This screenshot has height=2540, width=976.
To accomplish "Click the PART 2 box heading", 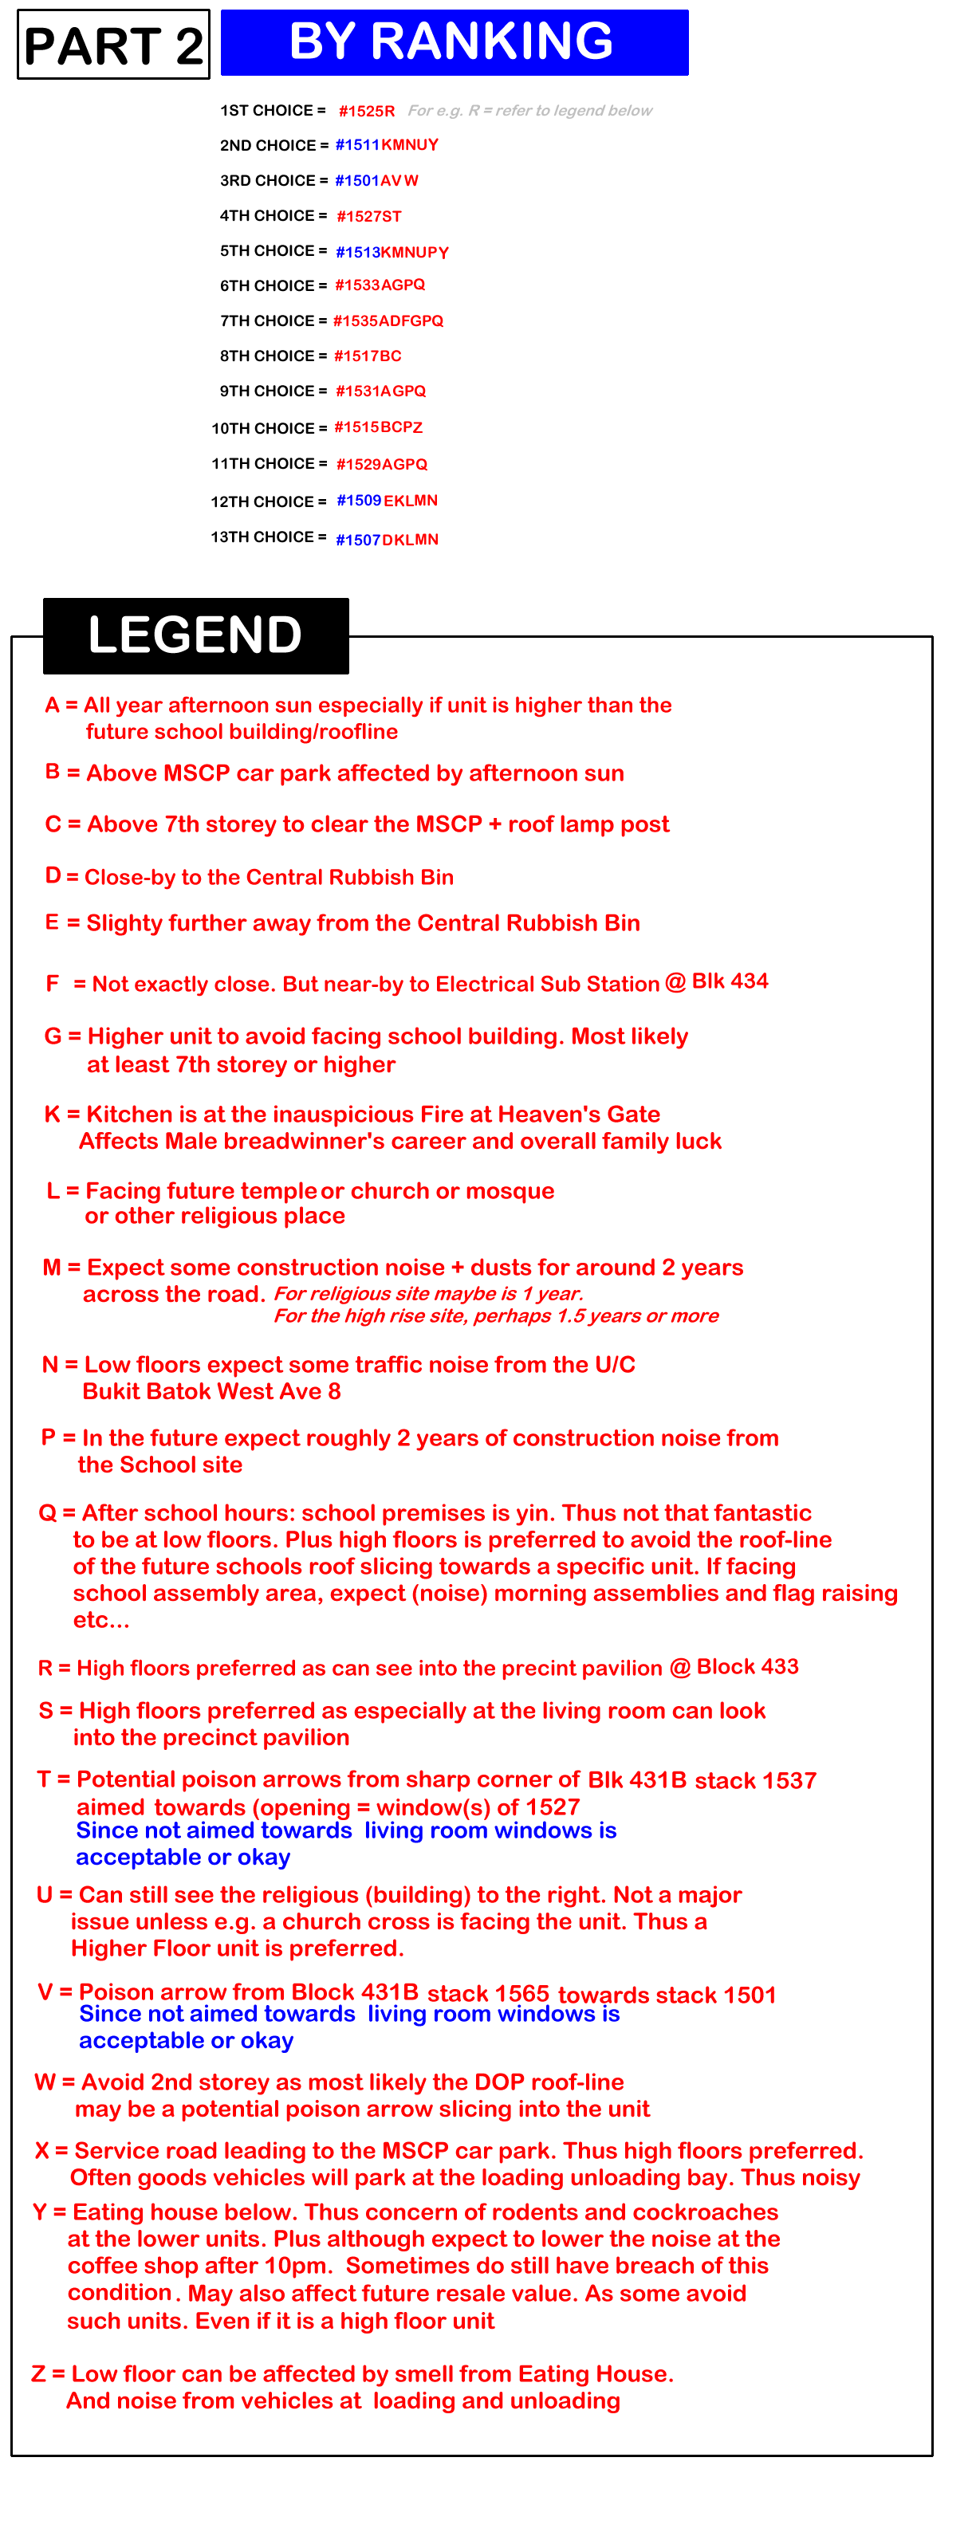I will (113, 45).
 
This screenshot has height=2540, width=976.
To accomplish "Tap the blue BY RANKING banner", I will (454, 42).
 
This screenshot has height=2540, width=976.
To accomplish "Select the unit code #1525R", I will (367, 112).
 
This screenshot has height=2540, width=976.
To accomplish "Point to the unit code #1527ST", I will (368, 217).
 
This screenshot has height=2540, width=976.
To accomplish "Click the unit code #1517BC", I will (368, 356).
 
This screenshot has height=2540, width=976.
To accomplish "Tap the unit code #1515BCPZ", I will (379, 428).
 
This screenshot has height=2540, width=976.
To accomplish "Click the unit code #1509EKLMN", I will (388, 501).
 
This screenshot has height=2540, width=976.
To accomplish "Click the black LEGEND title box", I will (195, 635).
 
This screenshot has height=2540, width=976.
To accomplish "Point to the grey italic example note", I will (529, 112).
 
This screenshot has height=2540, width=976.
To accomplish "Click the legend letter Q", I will (47, 1512).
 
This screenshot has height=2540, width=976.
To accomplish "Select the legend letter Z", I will (38, 2373).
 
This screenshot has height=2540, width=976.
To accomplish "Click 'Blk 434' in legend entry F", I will (730, 981).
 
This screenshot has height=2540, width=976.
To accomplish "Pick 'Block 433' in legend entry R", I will (747, 1666).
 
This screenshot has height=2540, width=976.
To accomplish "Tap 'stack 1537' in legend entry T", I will (755, 1781).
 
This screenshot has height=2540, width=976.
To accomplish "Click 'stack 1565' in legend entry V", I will (488, 1994).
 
